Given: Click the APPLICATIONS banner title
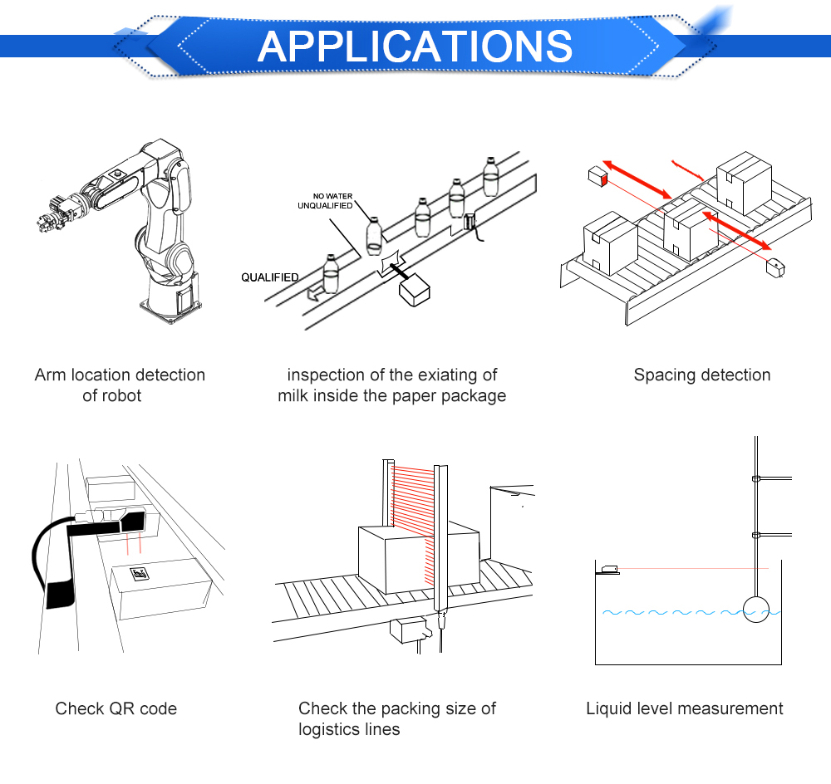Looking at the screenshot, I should (x=415, y=46).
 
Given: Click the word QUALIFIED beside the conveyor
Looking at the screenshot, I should (x=270, y=277).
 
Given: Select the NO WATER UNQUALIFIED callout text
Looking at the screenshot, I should (x=325, y=201).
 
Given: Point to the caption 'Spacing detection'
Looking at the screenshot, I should (x=701, y=375).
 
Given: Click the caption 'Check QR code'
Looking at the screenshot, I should (x=116, y=708).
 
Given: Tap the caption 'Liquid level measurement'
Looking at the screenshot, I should (x=684, y=708).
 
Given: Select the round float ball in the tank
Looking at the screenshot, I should (x=756, y=610).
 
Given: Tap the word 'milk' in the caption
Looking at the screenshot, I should (x=297, y=395).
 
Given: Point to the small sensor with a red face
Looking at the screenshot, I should (x=596, y=176).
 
